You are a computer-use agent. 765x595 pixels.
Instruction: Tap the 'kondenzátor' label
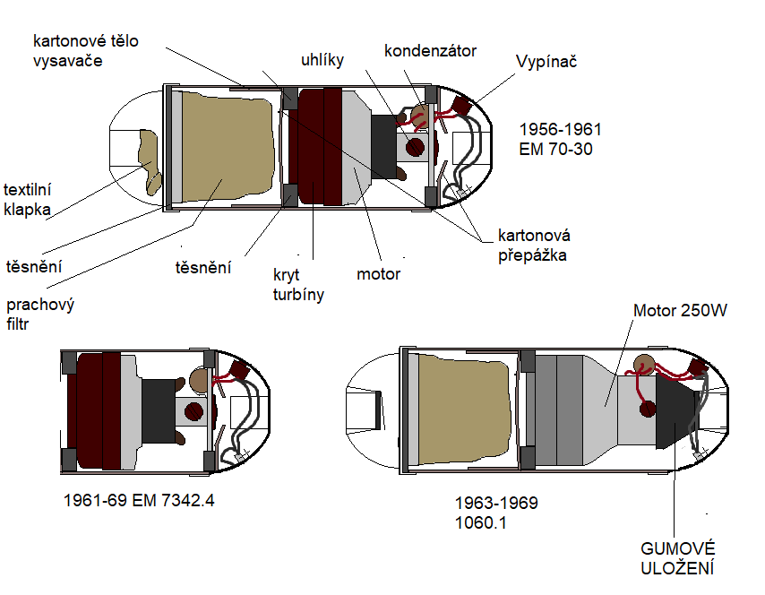430,50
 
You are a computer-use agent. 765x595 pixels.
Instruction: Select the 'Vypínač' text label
546,64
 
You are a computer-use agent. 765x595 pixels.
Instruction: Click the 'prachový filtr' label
40,314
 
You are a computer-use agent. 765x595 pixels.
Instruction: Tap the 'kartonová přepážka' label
534,246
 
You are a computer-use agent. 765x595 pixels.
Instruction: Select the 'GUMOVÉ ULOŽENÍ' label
678,557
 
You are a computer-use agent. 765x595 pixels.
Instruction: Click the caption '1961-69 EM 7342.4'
139,500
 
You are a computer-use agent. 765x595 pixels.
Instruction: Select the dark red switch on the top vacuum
463,106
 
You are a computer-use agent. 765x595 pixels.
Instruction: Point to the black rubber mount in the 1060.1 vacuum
674,412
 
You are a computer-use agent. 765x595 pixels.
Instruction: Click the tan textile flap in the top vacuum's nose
150,161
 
